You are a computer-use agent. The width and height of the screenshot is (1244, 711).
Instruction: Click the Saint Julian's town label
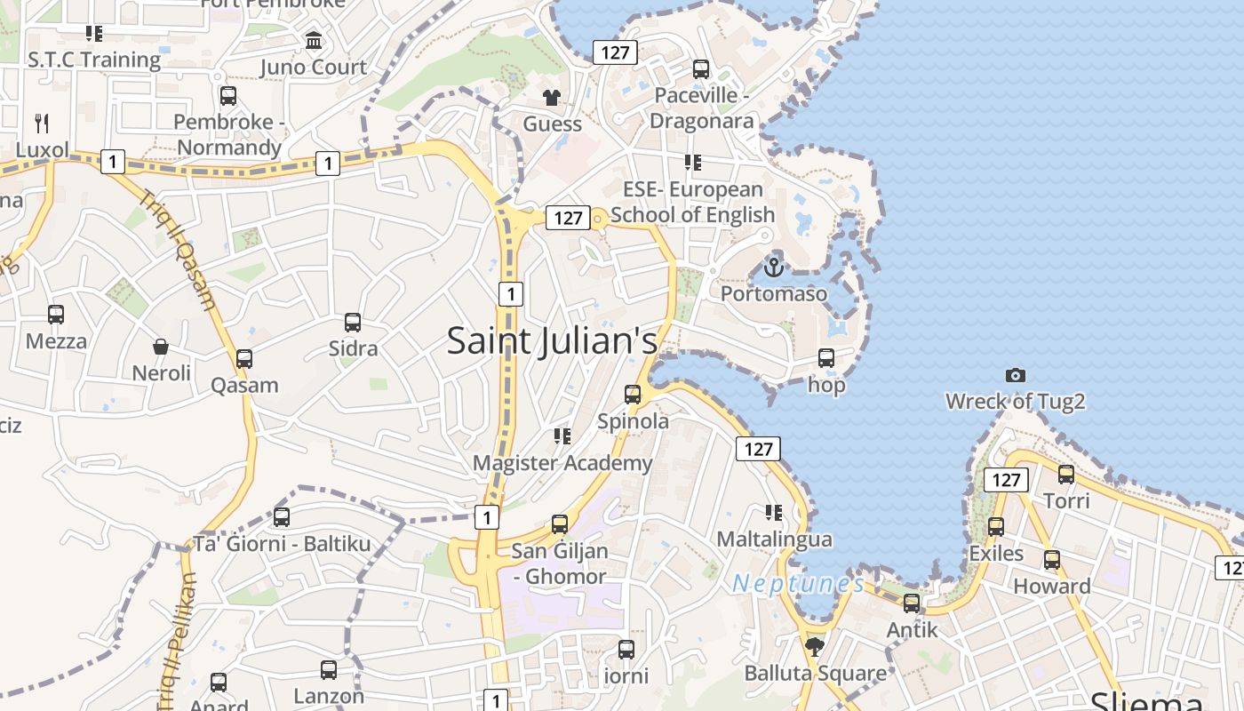click(x=552, y=340)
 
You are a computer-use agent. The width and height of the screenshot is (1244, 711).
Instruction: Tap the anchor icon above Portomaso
click(x=774, y=266)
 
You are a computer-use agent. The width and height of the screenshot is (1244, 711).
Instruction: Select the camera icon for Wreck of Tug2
click(x=1015, y=375)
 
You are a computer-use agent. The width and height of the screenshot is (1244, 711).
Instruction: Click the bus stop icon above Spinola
click(x=633, y=394)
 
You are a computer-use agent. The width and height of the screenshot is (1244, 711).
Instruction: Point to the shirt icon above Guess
click(x=552, y=97)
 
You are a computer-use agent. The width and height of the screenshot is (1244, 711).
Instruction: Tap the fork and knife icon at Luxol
click(x=42, y=123)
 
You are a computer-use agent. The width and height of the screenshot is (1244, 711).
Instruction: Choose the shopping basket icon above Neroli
click(x=161, y=347)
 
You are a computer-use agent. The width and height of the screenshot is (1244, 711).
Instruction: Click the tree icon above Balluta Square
click(x=814, y=646)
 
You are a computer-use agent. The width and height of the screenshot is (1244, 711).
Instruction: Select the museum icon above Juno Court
click(x=314, y=41)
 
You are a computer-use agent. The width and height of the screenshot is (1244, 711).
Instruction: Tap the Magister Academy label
click(x=562, y=463)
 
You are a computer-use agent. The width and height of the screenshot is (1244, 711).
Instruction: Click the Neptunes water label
click(x=798, y=584)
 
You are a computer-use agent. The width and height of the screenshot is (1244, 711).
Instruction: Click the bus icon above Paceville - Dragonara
click(x=701, y=68)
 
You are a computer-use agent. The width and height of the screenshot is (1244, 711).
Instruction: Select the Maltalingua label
click(x=774, y=539)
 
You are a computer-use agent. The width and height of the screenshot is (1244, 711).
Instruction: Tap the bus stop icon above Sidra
click(x=353, y=323)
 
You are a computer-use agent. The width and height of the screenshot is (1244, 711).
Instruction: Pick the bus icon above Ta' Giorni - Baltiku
click(x=282, y=516)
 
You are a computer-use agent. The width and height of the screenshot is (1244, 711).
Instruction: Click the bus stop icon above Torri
click(x=1066, y=475)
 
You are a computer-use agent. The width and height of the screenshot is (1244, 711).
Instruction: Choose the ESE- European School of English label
click(x=692, y=202)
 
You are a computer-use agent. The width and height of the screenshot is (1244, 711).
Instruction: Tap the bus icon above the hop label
click(x=826, y=358)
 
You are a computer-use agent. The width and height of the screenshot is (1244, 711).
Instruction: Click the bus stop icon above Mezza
click(x=56, y=315)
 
